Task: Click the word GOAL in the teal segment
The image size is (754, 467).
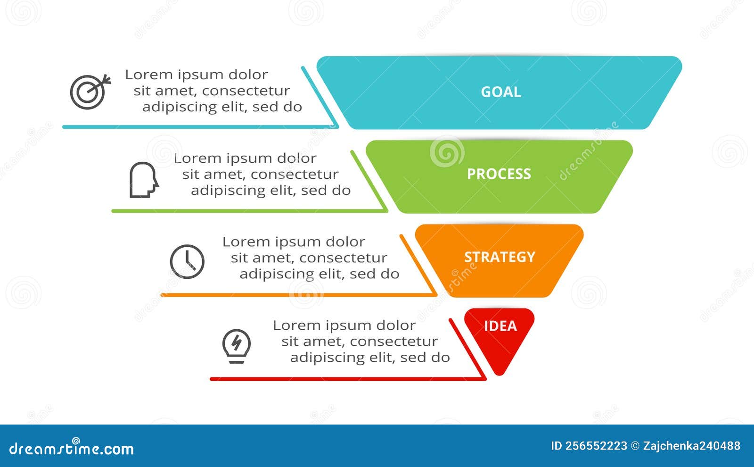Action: click(500, 92)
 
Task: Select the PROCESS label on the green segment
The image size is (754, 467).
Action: click(499, 174)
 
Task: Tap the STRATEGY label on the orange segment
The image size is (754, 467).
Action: click(500, 257)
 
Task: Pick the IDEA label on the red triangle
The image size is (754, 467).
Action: click(500, 326)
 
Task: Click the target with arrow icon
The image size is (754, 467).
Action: click(90, 92)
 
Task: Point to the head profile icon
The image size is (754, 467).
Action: click(143, 180)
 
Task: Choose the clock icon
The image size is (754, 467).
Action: click(187, 261)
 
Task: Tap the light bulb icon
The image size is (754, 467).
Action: click(237, 345)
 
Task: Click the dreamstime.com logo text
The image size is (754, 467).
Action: click(72, 448)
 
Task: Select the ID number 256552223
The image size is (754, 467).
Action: click(596, 446)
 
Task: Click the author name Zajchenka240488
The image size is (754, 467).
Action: click(691, 446)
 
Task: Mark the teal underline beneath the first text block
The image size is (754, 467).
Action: click(198, 127)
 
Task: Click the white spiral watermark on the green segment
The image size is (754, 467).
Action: click(447, 152)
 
